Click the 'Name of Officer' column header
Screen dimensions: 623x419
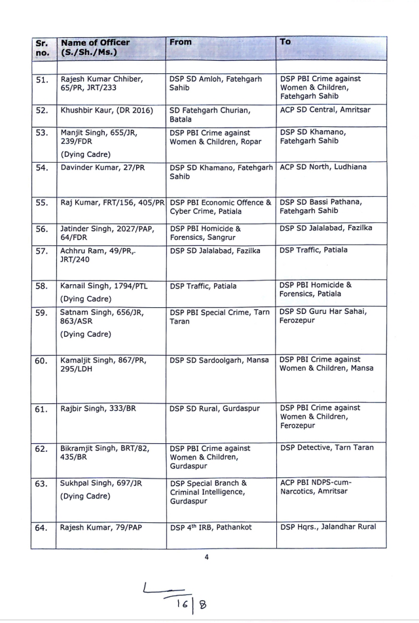[95, 47]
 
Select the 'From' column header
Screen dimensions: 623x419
[181, 42]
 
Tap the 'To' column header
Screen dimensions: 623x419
[285, 42]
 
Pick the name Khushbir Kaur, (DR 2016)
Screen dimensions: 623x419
[107, 110]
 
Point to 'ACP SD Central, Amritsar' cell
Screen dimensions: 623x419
[325, 110]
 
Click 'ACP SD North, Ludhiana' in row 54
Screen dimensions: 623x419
[323, 167]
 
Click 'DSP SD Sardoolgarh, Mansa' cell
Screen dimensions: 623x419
[218, 360]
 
